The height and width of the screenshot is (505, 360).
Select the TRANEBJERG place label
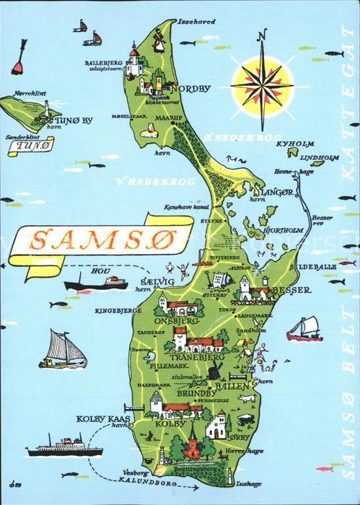click(x=196, y=356)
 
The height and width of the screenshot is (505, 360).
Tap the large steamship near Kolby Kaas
click(x=64, y=447)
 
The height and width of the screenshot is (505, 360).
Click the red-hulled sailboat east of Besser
click(x=304, y=330)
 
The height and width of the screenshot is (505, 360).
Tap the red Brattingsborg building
click(x=192, y=448)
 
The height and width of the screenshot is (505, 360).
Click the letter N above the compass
click(x=263, y=35)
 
